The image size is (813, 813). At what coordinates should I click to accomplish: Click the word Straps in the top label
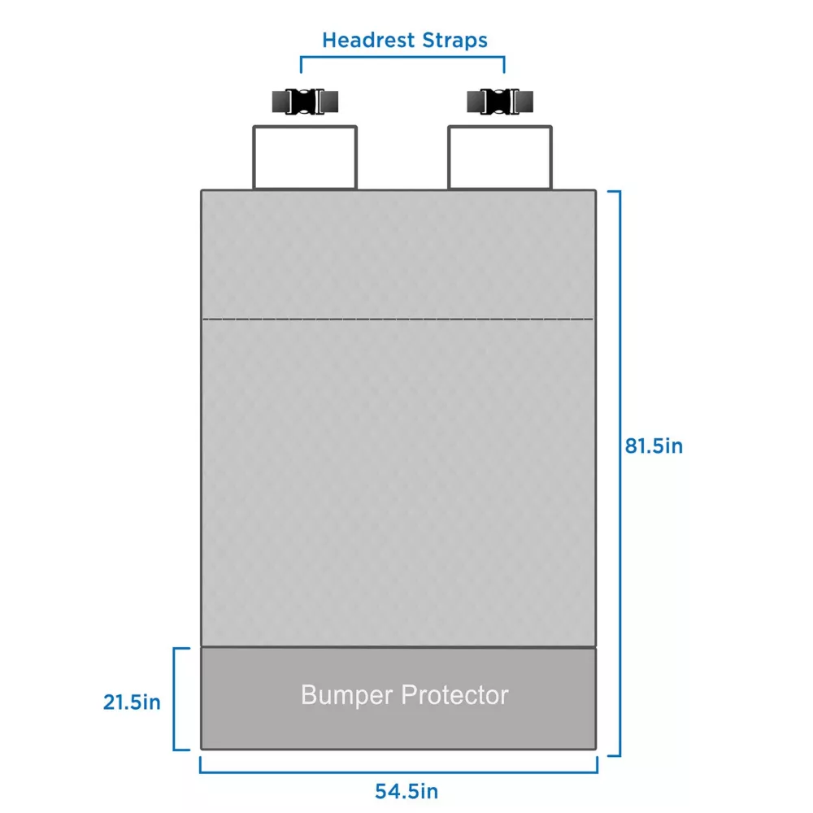point(454,41)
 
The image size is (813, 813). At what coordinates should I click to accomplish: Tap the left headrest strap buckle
point(306,102)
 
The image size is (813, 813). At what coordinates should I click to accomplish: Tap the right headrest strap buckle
point(500,102)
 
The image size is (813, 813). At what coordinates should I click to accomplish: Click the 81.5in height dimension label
point(654,446)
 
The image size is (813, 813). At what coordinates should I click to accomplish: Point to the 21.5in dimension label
point(132,702)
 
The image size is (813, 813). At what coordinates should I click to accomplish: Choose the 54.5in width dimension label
point(406,791)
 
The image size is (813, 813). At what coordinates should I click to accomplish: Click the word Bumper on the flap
point(347,695)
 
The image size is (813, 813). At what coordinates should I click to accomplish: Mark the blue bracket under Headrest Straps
point(402,57)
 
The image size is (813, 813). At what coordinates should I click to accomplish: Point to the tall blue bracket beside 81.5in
point(620,473)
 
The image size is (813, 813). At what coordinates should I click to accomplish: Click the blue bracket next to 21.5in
point(174,699)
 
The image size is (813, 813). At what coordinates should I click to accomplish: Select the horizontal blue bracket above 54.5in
point(398,772)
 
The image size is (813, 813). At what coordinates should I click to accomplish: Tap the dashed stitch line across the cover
point(398,319)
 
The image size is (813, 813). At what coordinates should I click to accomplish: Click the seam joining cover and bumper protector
point(398,647)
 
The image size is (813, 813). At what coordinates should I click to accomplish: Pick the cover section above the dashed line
point(398,254)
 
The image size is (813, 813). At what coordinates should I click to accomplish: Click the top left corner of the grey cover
point(202,191)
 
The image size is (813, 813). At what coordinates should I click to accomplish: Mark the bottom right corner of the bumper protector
point(596,749)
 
